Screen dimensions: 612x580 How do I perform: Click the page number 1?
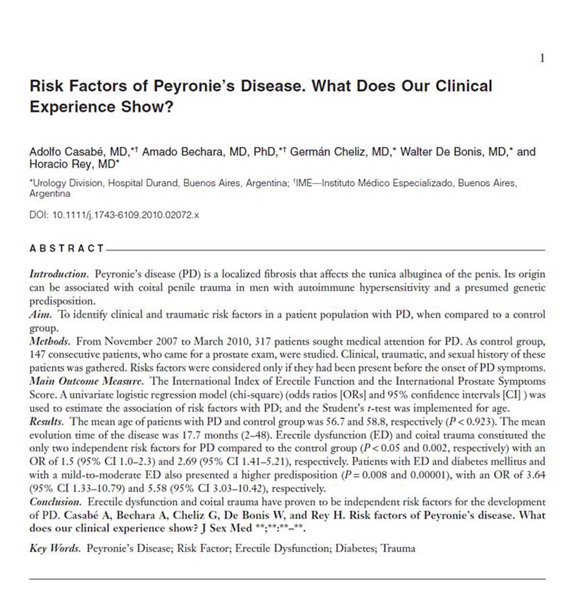[x=542, y=58]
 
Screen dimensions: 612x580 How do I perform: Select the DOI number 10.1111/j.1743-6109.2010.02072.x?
[x=126, y=214]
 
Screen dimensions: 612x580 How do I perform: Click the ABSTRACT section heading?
[x=66, y=249]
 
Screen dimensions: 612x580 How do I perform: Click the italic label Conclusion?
[x=56, y=502]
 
